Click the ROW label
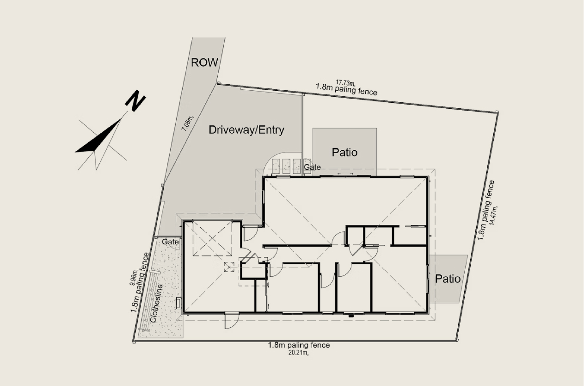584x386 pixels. coord(204,62)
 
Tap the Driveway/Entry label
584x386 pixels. coord(246,130)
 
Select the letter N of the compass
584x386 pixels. coord(135,101)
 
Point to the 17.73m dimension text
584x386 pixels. coord(345,83)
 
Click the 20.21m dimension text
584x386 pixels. coord(299,353)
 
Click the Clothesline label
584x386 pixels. coord(156,304)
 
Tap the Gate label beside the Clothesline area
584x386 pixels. coord(170,242)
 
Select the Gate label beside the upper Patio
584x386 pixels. coord(312,167)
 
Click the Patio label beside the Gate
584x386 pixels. coord(344,152)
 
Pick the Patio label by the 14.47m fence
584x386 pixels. coord(448,279)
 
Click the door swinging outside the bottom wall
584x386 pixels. coord(232,320)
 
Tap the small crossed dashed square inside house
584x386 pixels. coord(229,267)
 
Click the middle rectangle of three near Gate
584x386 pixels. coord(286,166)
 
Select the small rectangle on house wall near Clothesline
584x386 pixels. coord(178,303)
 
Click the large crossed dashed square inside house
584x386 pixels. coord(212,238)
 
